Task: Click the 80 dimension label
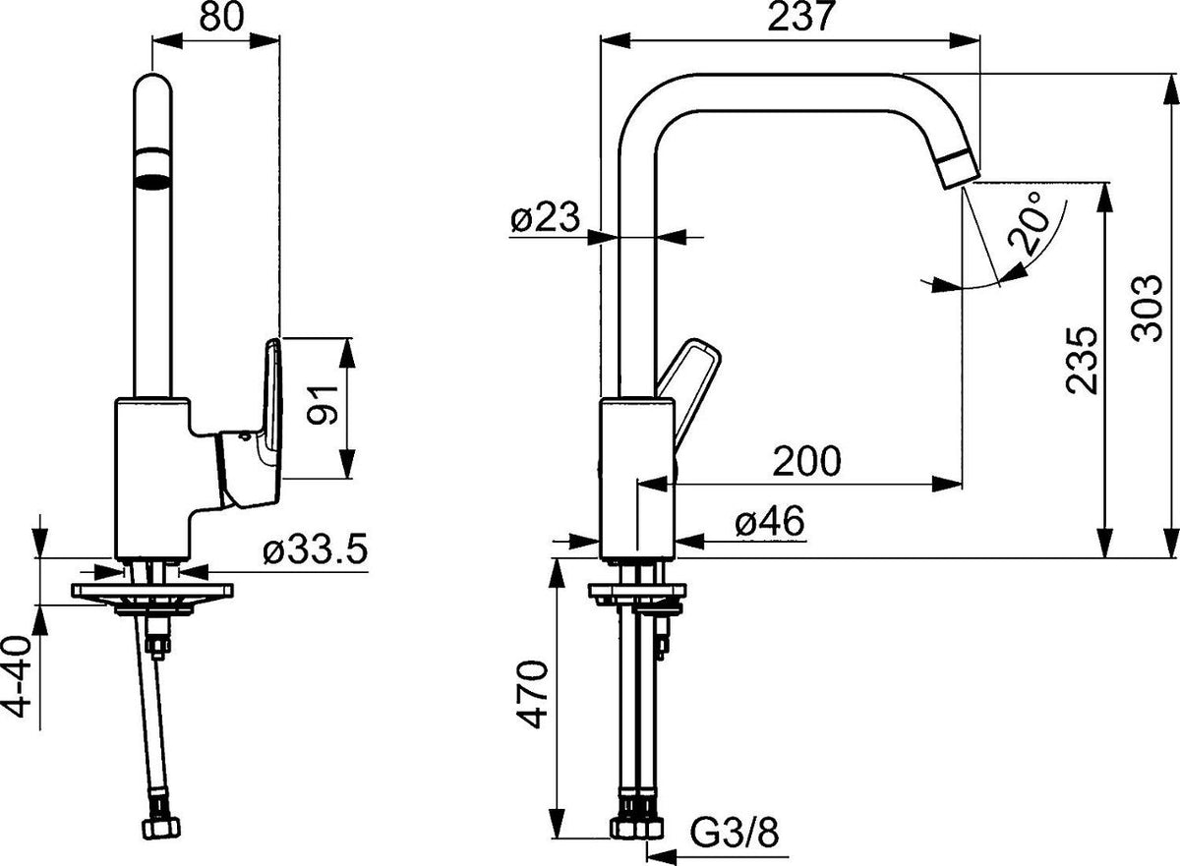tap(222, 17)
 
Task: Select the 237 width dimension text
tap(801, 17)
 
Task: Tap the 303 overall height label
tap(1147, 308)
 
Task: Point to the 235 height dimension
tap(1081, 360)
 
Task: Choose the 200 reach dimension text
tap(806, 461)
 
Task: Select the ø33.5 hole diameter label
tap(315, 550)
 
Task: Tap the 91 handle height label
tap(323, 404)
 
